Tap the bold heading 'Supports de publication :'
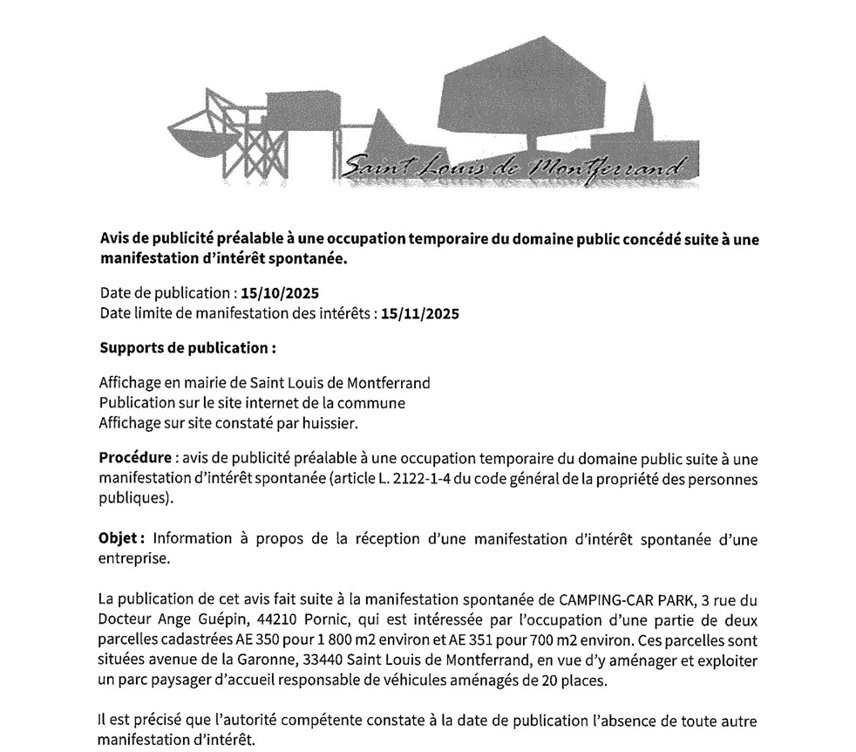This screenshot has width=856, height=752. pyautogui.click(x=187, y=348)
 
